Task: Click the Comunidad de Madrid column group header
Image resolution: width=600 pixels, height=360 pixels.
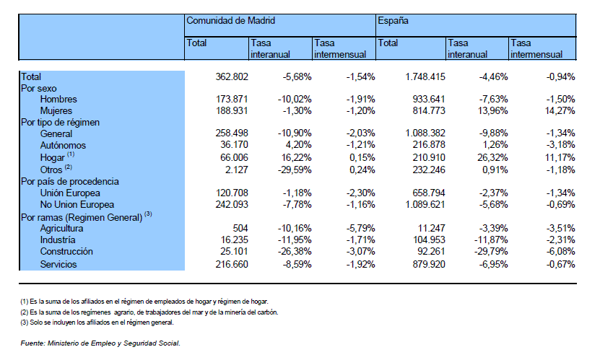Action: click(231, 21)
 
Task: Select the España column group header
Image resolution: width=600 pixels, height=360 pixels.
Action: click(393, 21)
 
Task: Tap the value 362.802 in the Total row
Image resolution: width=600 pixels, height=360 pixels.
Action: click(232, 76)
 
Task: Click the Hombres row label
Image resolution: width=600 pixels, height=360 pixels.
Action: click(58, 100)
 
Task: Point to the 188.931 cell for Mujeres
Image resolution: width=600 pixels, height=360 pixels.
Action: click(232, 111)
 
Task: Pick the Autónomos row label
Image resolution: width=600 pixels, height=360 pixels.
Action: click(63, 146)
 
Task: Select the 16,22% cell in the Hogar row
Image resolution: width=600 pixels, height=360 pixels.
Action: click(295, 157)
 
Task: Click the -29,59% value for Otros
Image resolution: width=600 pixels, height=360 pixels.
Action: click(295, 170)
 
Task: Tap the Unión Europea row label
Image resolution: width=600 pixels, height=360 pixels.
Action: click(71, 193)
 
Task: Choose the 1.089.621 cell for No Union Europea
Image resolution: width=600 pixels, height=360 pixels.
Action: click(425, 204)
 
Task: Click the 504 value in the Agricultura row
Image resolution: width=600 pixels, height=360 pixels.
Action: click(240, 228)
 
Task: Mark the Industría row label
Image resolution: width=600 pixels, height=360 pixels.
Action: click(58, 240)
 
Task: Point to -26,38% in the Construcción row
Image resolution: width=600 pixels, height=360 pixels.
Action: click(295, 252)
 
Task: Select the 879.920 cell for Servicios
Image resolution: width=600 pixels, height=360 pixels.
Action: click(429, 264)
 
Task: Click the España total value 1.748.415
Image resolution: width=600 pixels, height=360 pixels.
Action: click(425, 76)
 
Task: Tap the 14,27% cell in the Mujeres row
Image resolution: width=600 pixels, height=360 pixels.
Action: click(560, 111)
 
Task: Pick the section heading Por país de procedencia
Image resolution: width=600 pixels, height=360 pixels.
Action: click(70, 182)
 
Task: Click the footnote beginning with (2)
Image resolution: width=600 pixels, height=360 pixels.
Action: click(149, 312)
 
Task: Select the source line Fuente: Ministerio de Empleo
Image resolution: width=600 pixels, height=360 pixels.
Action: click(100, 343)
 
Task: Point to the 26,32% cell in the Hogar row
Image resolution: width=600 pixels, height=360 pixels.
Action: click(492, 157)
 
